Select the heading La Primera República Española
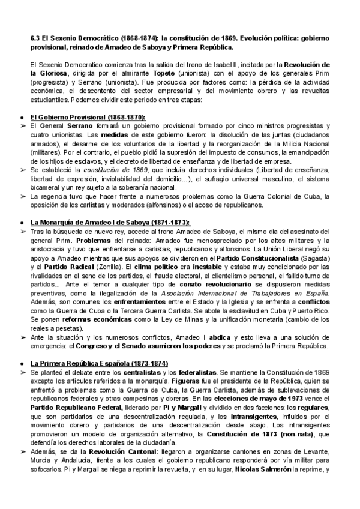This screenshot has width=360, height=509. (x=100, y=364)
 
